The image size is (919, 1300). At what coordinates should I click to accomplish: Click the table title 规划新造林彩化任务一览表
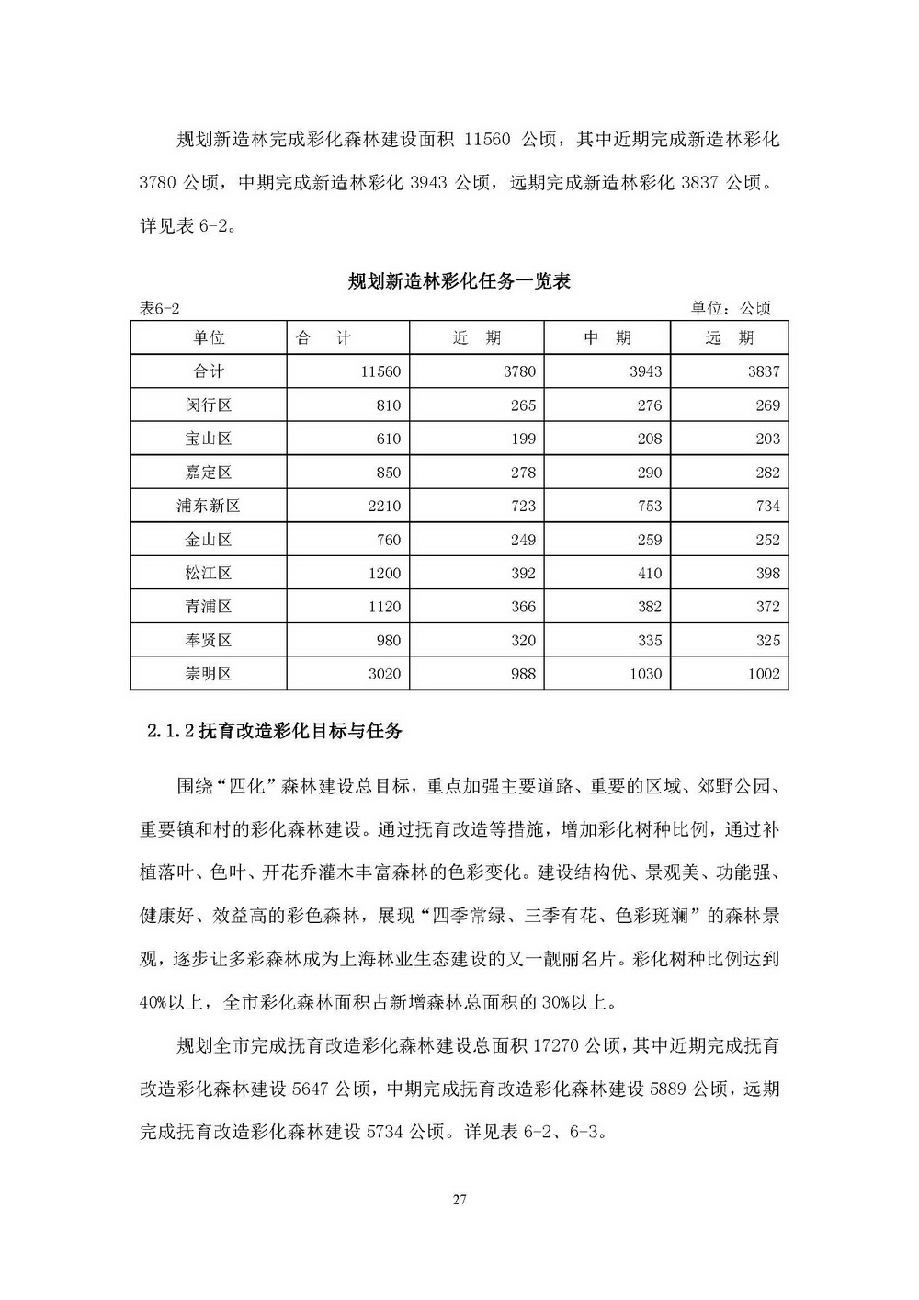pyautogui.click(x=459, y=281)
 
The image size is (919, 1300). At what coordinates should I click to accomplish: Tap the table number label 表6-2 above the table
pyautogui.click(x=160, y=309)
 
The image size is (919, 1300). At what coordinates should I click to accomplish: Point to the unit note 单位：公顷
pyautogui.click(x=731, y=309)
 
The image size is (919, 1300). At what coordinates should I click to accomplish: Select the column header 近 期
pyautogui.click(x=477, y=338)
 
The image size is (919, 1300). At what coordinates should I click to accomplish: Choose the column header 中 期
pyautogui.click(x=607, y=338)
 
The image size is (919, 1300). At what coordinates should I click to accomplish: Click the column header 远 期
pyautogui.click(x=729, y=338)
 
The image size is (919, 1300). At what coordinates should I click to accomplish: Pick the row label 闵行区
pyautogui.click(x=209, y=405)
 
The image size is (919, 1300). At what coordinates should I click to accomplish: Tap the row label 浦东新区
pyautogui.click(x=209, y=506)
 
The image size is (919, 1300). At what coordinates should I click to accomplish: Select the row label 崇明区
pyautogui.click(x=209, y=674)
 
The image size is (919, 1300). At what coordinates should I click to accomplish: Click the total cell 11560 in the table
pyautogui.click(x=381, y=372)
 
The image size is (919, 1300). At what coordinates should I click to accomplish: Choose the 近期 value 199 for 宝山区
pyautogui.click(x=522, y=439)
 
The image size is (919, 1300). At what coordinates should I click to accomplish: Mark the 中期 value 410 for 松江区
pyautogui.click(x=649, y=573)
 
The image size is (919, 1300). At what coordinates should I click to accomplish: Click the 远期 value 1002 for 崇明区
pyautogui.click(x=763, y=674)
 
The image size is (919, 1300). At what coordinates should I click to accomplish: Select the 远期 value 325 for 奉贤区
pyautogui.click(x=767, y=640)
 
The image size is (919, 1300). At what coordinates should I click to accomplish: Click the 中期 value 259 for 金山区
pyautogui.click(x=649, y=540)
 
